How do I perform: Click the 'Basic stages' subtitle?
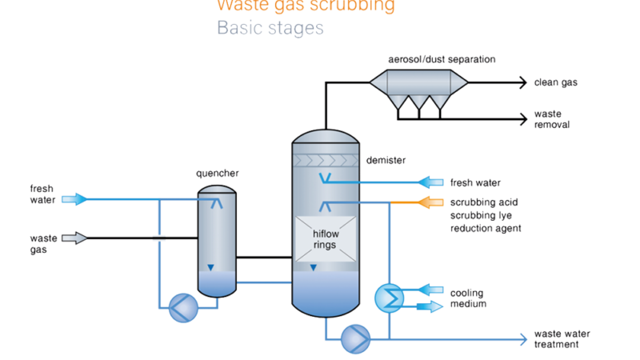pyautogui.click(x=270, y=29)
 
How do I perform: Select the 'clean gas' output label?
pyautogui.click(x=557, y=82)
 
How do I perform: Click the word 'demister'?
pyautogui.click(x=386, y=160)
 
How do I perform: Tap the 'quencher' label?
pyautogui.click(x=217, y=174)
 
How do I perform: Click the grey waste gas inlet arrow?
pyautogui.click(x=76, y=238)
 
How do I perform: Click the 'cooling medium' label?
pyautogui.click(x=468, y=298)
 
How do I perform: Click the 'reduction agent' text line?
pyautogui.click(x=486, y=228)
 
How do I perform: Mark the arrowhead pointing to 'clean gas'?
pyautogui.click(x=522, y=82)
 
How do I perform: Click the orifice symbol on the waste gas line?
pyautogui.click(x=158, y=238)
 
